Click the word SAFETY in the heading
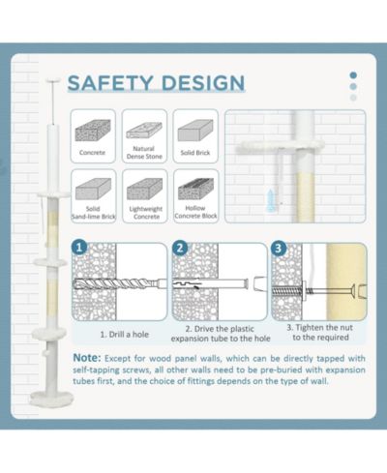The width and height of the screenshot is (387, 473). coord(110,83)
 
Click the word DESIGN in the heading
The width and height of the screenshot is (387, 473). coord(203,83)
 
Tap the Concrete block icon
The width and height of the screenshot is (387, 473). coord(93,131)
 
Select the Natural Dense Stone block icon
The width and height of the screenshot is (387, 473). coord(144,131)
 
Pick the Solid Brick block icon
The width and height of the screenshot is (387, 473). coord(195,131)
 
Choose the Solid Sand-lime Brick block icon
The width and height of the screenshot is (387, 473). coord(93,189)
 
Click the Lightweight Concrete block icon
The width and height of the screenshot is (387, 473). coord(144,189)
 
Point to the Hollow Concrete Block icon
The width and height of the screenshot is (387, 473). coord(195,189)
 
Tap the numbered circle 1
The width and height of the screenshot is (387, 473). coord(79,248)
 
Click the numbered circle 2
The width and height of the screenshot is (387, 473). coord(180,248)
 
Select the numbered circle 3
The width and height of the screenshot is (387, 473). coord(279,249)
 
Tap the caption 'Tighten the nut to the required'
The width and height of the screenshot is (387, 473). coord(320,333)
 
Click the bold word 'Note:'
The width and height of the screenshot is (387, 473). coord(87,358)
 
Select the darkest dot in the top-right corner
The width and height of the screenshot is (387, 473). coord(353,75)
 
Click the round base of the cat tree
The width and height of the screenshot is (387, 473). coord(52,398)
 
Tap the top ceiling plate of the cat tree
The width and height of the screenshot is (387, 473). coord(53,80)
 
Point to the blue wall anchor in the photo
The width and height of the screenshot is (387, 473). coord(270,200)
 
